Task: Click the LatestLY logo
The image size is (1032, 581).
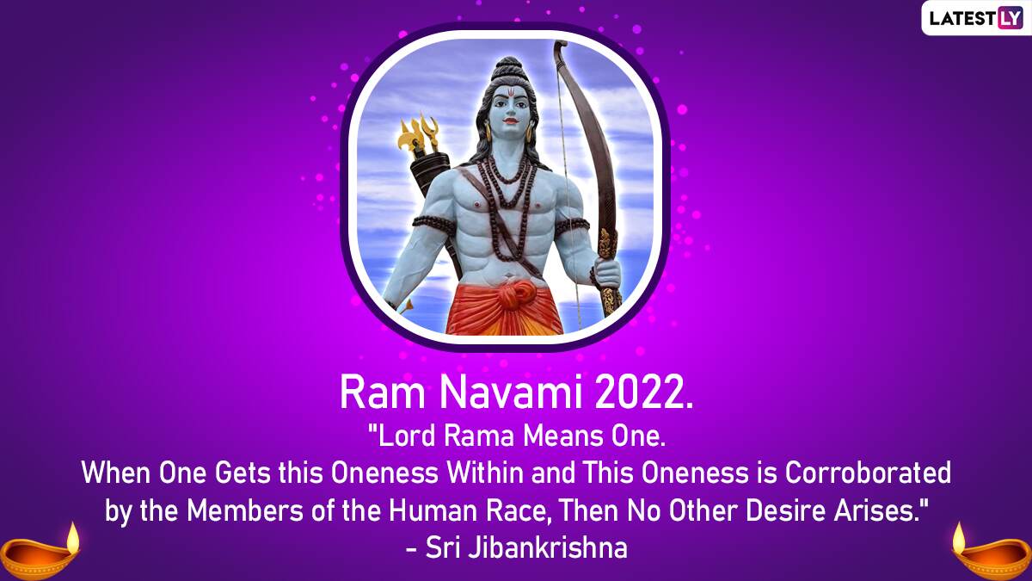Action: click(975, 18)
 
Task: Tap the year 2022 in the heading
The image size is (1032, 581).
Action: click(643, 392)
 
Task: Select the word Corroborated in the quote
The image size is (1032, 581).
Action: click(868, 473)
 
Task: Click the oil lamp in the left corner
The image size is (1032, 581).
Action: click(40, 551)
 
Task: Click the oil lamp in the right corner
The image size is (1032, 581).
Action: click(992, 551)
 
